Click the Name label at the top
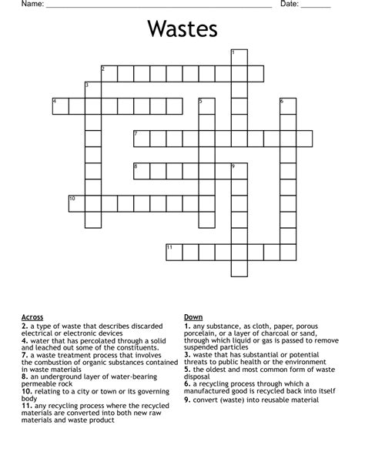click(x=32, y=5)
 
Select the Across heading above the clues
click(x=32, y=317)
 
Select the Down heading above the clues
click(x=193, y=317)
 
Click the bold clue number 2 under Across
click(x=25, y=325)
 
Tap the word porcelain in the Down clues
click(x=202, y=333)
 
